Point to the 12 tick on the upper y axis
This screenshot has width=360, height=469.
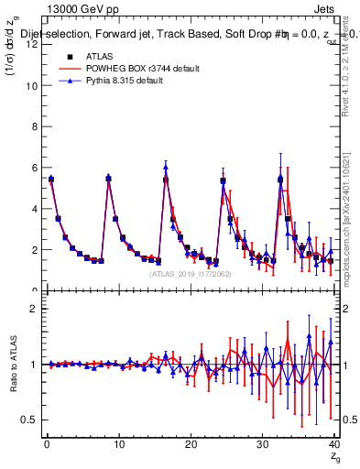(33, 45)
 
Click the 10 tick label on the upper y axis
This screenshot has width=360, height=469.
(33, 86)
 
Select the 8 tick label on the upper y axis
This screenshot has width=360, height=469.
(35, 127)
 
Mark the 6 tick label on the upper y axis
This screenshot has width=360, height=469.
(35, 168)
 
